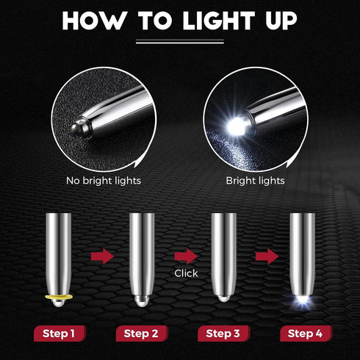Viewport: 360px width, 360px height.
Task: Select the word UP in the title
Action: click(278, 21)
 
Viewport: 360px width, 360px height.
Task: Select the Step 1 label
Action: click(58, 333)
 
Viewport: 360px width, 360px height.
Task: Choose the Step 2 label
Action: click(141, 333)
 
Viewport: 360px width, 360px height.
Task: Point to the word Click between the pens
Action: click(186, 273)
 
